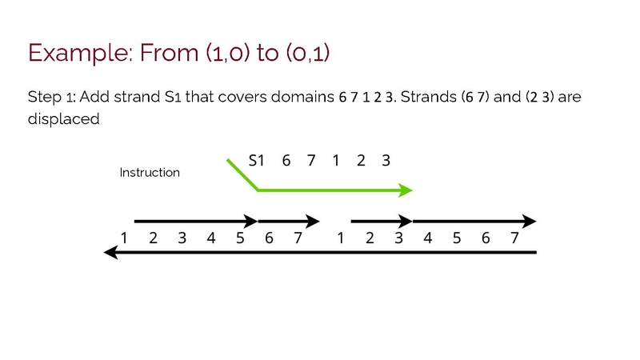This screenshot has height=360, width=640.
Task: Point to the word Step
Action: [x=45, y=98]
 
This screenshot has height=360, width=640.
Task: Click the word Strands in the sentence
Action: [x=429, y=97]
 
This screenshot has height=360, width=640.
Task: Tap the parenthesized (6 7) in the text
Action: [x=474, y=97]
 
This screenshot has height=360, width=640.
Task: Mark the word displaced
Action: [x=64, y=119]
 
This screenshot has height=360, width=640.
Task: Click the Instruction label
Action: [x=150, y=172]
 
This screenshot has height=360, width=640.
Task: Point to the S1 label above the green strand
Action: [x=256, y=161]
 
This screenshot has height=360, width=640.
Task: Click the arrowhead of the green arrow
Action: [x=405, y=190]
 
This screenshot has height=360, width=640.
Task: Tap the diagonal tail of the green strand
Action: [x=242, y=174]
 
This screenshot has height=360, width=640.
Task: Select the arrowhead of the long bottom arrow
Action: [x=111, y=252]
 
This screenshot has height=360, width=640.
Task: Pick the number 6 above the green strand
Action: [x=286, y=161]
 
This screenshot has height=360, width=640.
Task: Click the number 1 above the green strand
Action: [x=335, y=161]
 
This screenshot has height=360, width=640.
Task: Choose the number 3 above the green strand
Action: [x=386, y=161]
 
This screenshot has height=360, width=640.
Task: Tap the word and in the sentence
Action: [x=507, y=97]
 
